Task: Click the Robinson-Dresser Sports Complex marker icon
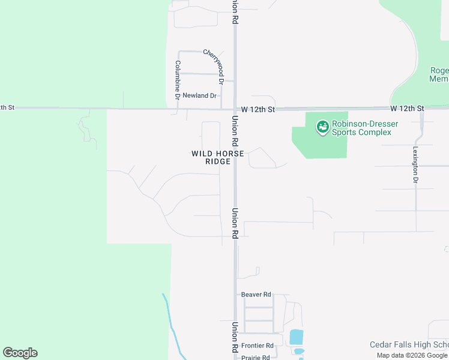point(323,127)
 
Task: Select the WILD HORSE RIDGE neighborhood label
point(217,157)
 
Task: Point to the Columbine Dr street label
point(178,79)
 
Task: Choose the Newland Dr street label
point(199,95)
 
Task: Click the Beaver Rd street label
point(256,295)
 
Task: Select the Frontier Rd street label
point(257,346)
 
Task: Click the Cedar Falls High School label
point(409,344)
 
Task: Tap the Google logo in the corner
point(20,353)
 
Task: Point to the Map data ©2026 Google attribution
point(412,355)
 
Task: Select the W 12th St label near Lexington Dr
point(407,109)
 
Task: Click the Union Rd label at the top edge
point(236,11)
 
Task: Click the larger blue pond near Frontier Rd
point(297,337)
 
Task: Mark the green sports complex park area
point(318,144)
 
